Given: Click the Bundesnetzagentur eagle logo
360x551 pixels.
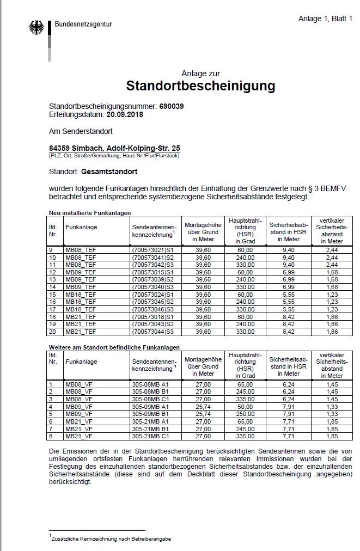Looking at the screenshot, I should pyautogui.click(x=36, y=29).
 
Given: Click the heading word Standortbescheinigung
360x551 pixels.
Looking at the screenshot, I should pyautogui.click(x=200, y=86).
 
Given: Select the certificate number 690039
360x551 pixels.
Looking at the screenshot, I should pyautogui.click(x=172, y=106).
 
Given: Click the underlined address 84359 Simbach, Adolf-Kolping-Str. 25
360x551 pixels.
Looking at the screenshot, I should pyautogui.click(x=114, y=148).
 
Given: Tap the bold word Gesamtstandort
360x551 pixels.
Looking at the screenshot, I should pyautogui.click(x=109, y=172).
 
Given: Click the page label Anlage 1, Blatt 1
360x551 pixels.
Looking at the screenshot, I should pyautogui.click(x=325, y=19).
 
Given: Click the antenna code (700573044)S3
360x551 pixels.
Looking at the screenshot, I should pyautogui.click(x=152, y=332).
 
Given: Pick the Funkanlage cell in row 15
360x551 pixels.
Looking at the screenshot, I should pyautogui.click(x=81, y=295).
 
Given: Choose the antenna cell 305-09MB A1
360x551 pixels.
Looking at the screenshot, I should pyautogui.click(x=150, y=406).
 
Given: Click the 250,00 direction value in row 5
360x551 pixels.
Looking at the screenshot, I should pyautogui.click(x=245, y=413).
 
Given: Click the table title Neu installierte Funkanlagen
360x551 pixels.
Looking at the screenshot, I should pyautogui.click(x=90, y=213).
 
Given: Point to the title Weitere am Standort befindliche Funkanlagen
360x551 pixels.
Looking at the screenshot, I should pyautogui.click(x=114, y=347).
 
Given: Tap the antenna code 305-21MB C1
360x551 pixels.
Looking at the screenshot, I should pyautogui.click(x=150, y=436).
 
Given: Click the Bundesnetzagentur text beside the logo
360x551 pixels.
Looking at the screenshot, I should pyautogui.click(x=83, y=24).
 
